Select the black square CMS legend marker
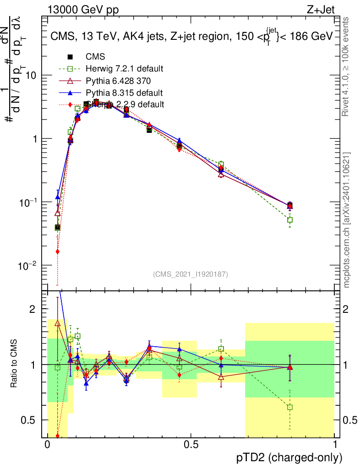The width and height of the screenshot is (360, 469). click(x=71, y=57)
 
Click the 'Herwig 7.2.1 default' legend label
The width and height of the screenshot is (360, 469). click(x=125, y=69)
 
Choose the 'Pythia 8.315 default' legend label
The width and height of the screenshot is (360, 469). click(x=124, y=93)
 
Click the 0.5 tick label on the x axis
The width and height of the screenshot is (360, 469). click(x=191, y=445)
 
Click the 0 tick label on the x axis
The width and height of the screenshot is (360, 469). click(x=47, y=445)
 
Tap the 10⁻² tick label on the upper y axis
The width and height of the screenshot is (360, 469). click(x=28, y=266)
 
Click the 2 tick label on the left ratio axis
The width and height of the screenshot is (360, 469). click(x=33, y=309)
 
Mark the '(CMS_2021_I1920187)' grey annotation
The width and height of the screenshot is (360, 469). click(x=191, y=274)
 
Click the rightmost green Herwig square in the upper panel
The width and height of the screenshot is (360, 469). click(x=289, y=220)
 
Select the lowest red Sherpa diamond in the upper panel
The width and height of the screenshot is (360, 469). click(x=58, y=251)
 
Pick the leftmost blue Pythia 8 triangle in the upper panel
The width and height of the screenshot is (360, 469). click(x=58, y=197)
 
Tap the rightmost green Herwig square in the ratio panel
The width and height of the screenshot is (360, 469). click(x=289, y=407)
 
